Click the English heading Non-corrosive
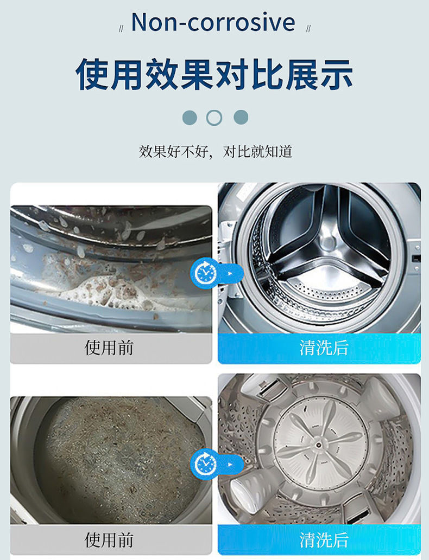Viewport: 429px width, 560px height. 213,22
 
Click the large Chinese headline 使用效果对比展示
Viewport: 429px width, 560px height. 214,74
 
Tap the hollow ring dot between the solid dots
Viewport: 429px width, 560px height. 214,118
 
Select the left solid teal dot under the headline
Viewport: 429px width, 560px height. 190,118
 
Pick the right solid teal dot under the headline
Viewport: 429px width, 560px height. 241,118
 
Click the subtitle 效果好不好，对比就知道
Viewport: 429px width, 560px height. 216,152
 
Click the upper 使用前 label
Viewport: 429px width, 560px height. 109,347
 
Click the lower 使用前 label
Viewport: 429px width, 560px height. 109,539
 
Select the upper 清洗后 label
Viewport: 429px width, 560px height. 324,347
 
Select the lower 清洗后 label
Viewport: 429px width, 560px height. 324,539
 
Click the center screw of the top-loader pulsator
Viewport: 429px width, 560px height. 318,445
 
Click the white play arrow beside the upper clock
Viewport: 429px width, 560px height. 230,274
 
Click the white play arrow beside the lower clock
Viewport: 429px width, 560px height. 230,464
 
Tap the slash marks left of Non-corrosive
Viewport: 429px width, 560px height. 121,29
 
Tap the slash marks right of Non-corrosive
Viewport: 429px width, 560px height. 308,29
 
